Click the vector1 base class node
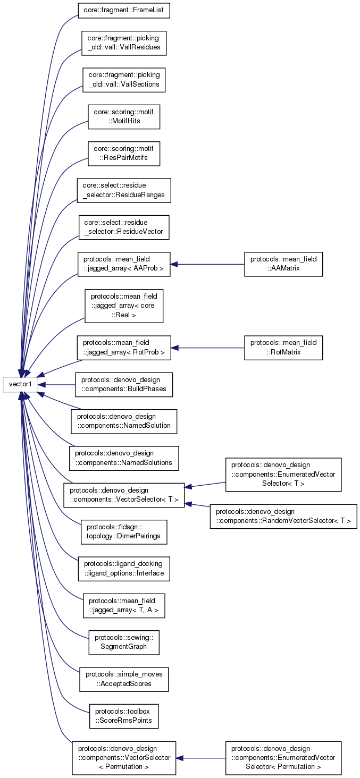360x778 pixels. coord(20,384)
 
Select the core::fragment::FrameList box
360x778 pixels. coord(124,10)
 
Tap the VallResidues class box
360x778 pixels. coord(124,43)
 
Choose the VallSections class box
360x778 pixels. coord(124,80)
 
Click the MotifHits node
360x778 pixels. coord(124,116)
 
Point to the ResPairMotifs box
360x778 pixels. coord(124,153)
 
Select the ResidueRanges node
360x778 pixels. coord(124,190)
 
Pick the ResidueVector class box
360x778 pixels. coord(124,227)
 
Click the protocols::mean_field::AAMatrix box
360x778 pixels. coord(283,264)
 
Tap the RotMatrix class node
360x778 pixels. coord(283,348)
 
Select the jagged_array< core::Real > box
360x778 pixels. coord(124,306)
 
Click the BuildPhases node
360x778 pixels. coord(124,384)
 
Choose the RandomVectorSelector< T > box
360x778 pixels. coord(283,516)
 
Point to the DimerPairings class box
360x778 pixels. coord(124,531)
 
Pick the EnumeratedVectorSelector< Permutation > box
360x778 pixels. coord(283,757)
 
